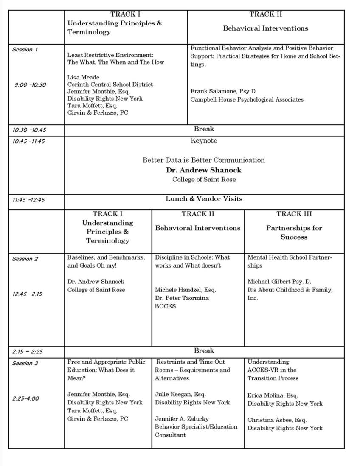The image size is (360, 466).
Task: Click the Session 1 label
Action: pyautogui.click(x=25, y=50)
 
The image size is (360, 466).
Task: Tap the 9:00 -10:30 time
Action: pyautogui.click(x=30, y=85)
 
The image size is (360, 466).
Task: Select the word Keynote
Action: pyautogui.click(x=204, y=141)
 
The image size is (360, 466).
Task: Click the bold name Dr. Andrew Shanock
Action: pyautogui.click(x=204, y=170)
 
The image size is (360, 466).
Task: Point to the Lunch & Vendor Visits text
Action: pyautogui.click(x=204, y=198)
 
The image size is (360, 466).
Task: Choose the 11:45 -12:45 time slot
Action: pyautogui.click(x=28, y=199)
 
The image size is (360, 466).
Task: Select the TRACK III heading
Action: pyautogui.click(x=294, y=214)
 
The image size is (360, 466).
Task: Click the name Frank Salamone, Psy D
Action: pyautogui.click(x=223, y=91)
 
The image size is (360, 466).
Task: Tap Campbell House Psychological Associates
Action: pyautogui.click(x=247, y=99)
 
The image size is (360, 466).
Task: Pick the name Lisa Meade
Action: pyautogui.click(x=83, y=77)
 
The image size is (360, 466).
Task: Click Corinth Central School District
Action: pyautogui.click(x=110, y=85)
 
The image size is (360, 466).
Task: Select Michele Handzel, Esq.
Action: pyautogui.click(x=185, y=290)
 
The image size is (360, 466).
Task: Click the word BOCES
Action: pyautogui.click(x=165, y=306)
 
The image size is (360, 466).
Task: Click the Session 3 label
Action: pyautogui.click(x=25, y=363)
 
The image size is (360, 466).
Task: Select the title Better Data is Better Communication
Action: pyautogui.click(x=204, y=160)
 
